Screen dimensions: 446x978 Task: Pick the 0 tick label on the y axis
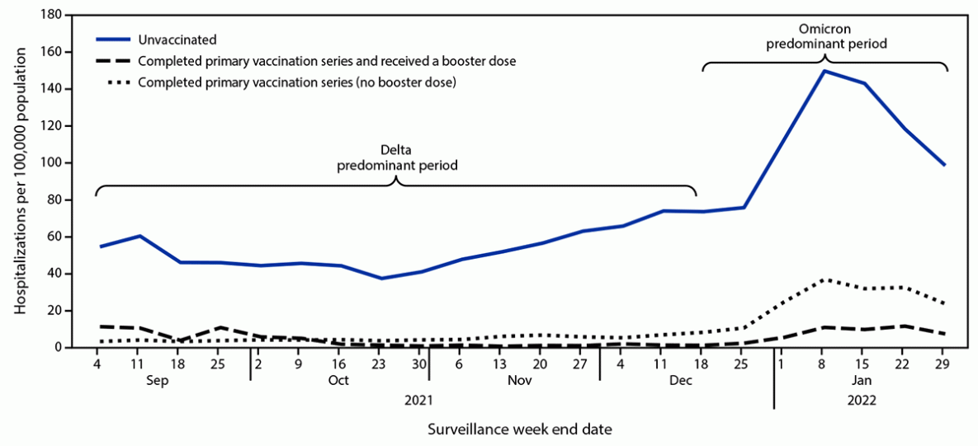point(60,348)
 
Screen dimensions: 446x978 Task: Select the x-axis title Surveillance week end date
point(520,429)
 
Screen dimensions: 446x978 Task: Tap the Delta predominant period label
point(396,157)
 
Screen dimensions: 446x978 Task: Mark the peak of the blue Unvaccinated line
point(824,71)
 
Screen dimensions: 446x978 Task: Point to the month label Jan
point(861,381)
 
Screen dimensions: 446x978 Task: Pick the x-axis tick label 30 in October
point(419,362)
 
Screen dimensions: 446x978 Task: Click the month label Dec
point(681,381)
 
